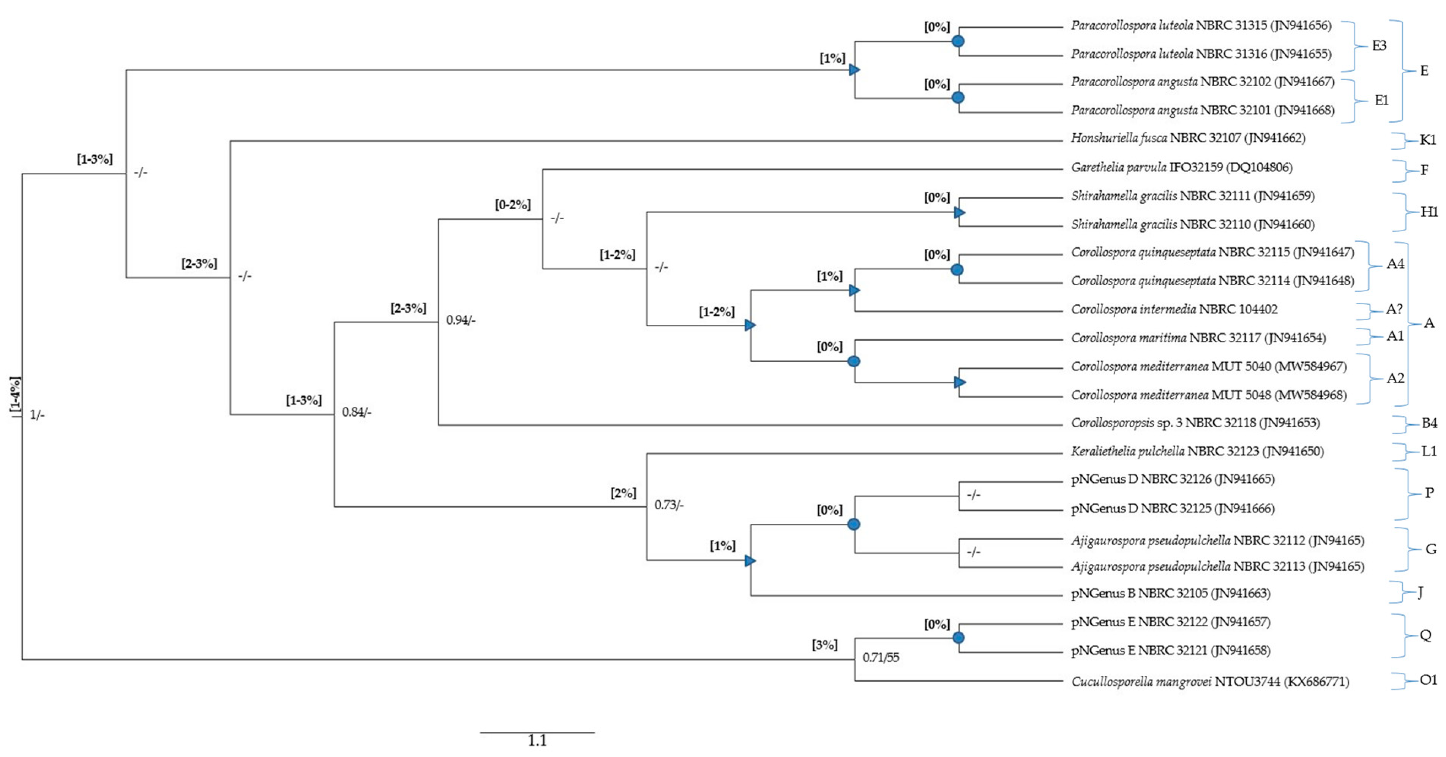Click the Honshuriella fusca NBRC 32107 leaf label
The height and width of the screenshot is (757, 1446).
click(x=1188, y=138)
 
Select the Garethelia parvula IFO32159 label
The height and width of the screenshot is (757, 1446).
click(x=1181, y=168)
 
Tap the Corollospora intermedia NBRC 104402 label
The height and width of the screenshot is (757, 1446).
click(x=1174, y=310)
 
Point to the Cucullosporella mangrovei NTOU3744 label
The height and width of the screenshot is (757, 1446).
click(x=1210, y=682)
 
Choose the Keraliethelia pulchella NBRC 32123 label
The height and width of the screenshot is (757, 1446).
click(x=1197, y=452)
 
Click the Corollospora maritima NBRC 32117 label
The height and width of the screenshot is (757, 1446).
click(x=1198, y=338)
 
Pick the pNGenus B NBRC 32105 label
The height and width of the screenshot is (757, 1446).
click(x=1170, y=594)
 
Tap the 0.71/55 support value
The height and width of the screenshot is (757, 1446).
click(x=880, y=657)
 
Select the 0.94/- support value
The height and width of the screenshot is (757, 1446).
click(x=460, y=320)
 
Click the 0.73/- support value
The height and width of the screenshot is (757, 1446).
click(x=669, y=505)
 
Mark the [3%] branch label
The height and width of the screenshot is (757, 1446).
click(x=825, y=645)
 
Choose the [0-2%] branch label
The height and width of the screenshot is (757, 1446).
click(x=513, y=204)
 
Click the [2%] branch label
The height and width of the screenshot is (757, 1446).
click(x=623, y=493)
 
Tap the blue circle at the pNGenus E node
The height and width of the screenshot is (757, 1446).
click(x=958, y=638)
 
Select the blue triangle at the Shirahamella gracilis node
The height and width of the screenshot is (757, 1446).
click(x=959, y=213)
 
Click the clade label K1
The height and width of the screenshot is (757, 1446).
click(x=1427, y=140)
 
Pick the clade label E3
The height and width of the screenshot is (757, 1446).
click(x=1379, y=46)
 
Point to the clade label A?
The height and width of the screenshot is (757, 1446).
click(x=1394, y=310)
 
